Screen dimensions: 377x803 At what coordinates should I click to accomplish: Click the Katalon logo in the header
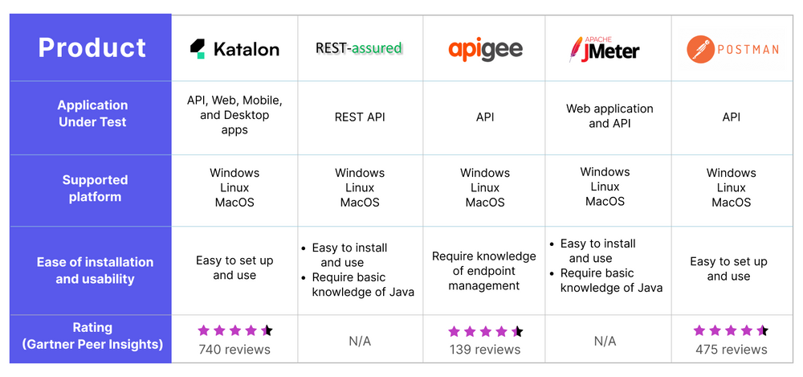coord(234,48)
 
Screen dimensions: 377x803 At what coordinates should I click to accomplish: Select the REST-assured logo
coord(359,48)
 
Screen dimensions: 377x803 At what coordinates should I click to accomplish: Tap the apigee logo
coord(485,49)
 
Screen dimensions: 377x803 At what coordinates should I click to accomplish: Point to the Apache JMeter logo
coord(604,48)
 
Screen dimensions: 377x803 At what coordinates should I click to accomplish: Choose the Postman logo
coord(732,49)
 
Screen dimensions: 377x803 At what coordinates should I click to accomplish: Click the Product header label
coord(92,48)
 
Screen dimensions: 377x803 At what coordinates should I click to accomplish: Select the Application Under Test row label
coord(92,113)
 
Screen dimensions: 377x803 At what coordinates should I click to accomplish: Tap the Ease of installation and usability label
coord(95,270)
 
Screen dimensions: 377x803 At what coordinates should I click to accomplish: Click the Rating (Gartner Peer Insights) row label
coord(92,336)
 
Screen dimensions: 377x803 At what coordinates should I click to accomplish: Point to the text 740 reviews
coord(234,349)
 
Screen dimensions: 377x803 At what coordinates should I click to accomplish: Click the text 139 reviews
coord(484,350)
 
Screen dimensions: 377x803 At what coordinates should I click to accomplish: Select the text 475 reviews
coord(732,350)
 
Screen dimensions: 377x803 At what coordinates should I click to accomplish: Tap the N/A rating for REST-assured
coord(360,342)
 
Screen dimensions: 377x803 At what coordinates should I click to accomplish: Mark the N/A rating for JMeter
coord(605,342)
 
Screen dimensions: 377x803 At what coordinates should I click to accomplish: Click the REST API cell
coord(360,117)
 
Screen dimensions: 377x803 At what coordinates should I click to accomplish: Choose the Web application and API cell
coord(609,116)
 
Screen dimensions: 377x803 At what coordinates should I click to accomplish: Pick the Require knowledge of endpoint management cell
coord(484,271)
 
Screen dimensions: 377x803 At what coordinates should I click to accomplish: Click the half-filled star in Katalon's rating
coord(267,330)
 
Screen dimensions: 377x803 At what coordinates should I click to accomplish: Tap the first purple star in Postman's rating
coord(699,330)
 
